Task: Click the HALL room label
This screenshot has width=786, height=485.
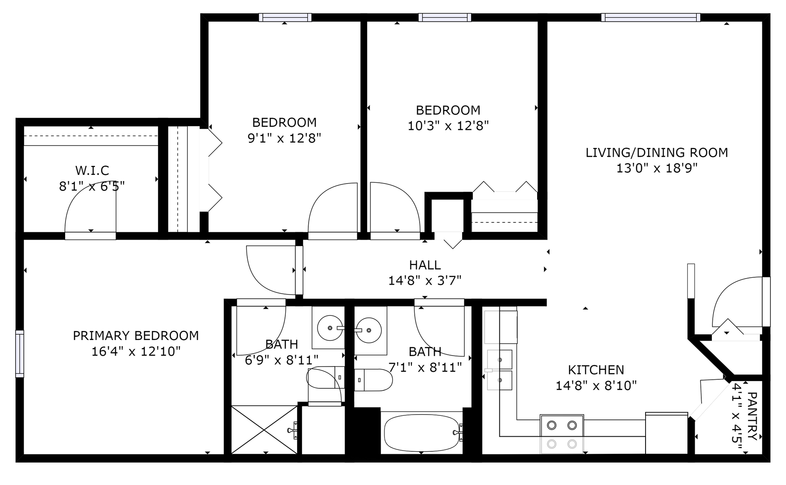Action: coord(425,265)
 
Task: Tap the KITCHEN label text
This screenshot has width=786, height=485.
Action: coord(596,370)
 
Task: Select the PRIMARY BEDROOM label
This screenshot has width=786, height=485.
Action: coord(136,336)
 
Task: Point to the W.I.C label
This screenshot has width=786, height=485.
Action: coord(92,170)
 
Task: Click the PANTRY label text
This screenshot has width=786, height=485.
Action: coord(752,416)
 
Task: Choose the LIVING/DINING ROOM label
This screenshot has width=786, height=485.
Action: coord(657,153)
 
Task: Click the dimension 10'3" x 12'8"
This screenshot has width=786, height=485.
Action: coord(448,126)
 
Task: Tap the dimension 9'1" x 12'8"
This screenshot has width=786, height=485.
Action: coord(285,138)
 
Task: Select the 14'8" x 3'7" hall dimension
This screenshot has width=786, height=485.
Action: coord(425,281)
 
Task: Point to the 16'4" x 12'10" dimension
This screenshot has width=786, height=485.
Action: coord(136,351)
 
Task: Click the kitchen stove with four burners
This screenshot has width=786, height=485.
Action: coord(562,434)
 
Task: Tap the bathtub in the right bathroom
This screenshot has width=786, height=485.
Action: coord(422,433)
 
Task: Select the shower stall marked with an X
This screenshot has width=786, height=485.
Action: coord(264,430)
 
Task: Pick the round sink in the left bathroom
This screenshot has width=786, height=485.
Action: coord(330,328)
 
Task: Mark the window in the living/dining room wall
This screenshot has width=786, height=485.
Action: coord(650,18)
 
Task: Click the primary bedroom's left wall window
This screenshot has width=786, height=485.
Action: coord(20,354)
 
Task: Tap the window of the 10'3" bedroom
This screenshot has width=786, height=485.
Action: coord(445,18)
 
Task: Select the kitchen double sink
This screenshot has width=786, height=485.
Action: coord(499,370)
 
